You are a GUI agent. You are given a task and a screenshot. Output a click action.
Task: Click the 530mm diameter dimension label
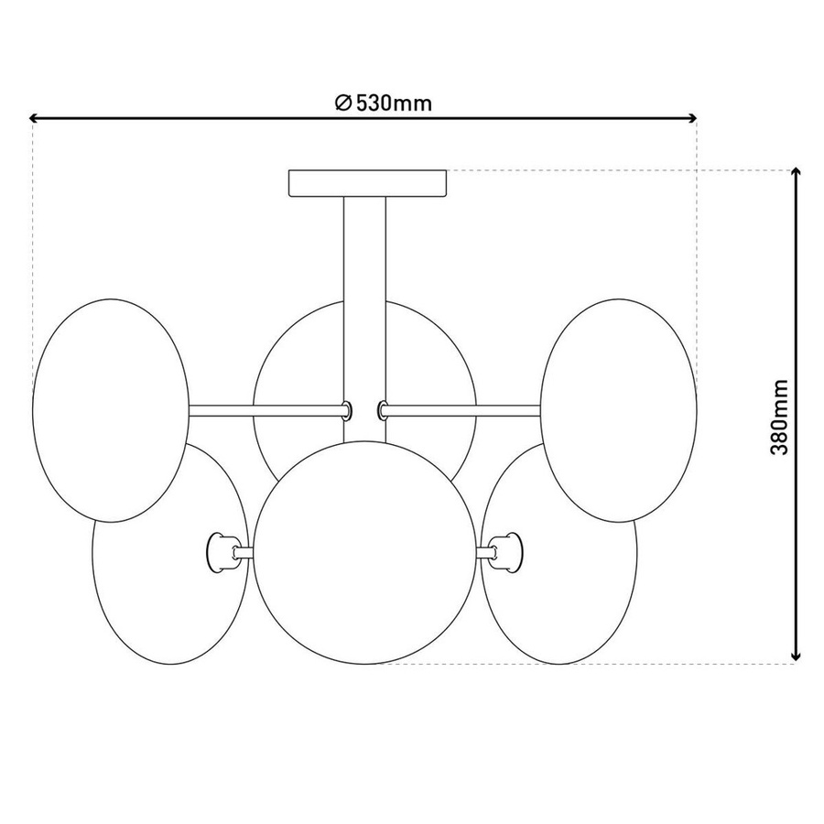tap(384, 103)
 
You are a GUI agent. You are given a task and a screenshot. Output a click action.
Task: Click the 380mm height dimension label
tap(779, 417)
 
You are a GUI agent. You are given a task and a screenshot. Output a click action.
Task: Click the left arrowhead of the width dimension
tap(35, 118)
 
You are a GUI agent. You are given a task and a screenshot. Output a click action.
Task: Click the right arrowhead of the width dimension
tap(692, 118)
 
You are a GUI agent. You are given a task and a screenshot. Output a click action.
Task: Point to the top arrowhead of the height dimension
tap(797, 173)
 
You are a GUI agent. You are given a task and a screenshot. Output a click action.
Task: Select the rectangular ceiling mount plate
tap(368, 183)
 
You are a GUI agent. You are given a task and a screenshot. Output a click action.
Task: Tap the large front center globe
tap(366, 552)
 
